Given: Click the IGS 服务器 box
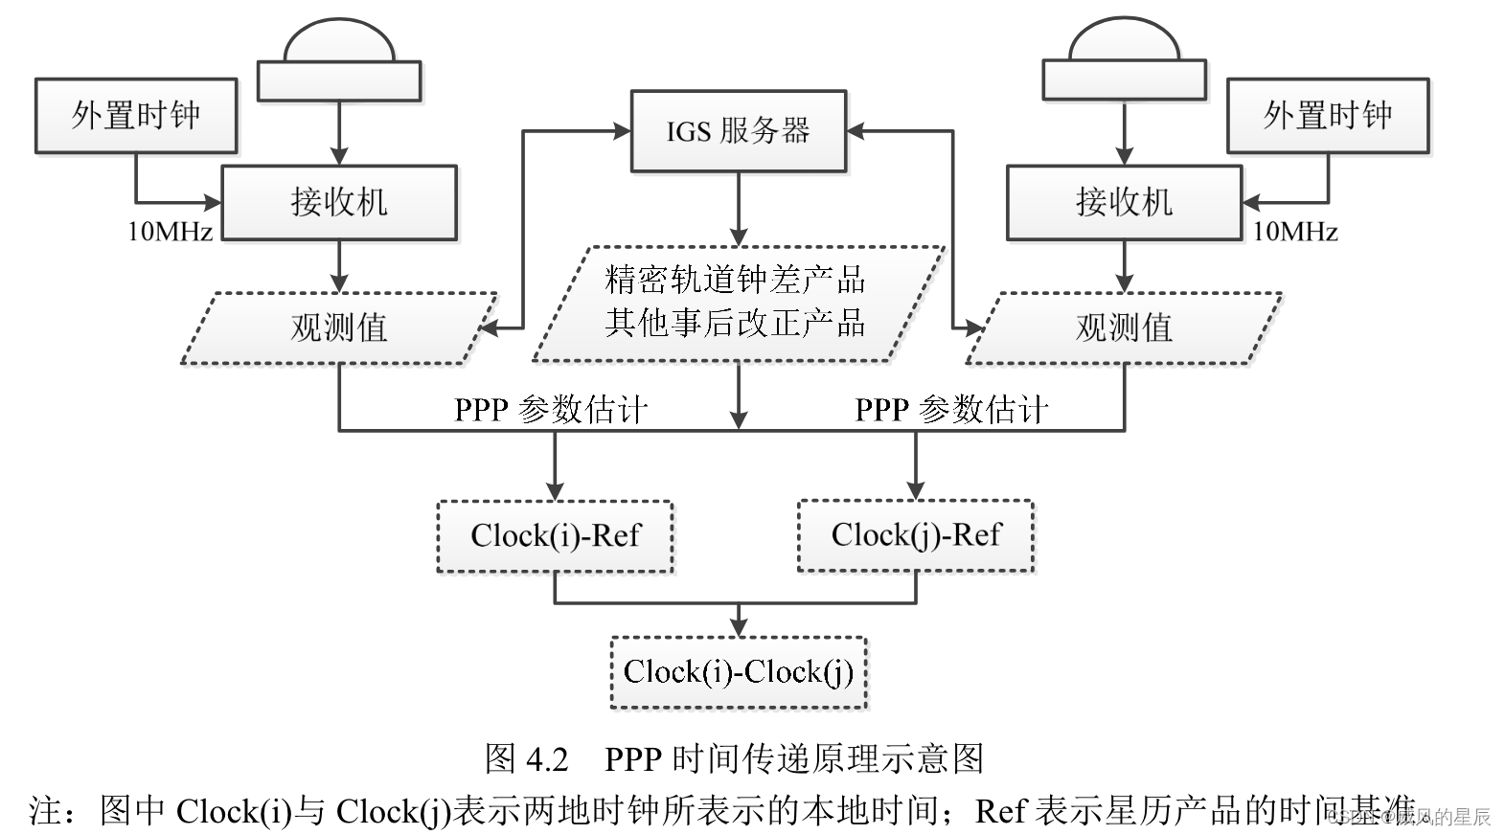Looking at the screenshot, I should (x=738, y=131).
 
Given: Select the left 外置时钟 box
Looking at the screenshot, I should (x=136, y=116).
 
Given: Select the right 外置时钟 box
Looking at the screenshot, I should (x=1328, y=116).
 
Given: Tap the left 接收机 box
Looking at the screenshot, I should (x=339, y=202).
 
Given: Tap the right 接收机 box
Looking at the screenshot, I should (x=1124, y=202).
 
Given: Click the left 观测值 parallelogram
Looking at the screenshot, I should (x=339, y=328).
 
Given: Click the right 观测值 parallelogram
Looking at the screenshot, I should (x=1124, y=328).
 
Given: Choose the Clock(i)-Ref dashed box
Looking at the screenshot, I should (x=555, y=535).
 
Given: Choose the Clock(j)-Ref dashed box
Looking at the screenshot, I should (x=916, y=534).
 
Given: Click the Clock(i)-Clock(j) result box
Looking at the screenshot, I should (x=738, y=672).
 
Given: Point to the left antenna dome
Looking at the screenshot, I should (x=339, y=43).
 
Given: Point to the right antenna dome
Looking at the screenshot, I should (x=1124, y=43).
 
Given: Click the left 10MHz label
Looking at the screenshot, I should (x=171, y=232).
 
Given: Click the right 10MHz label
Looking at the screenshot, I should (x=1295, y=232).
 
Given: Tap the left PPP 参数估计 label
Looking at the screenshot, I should (x=551, y=410).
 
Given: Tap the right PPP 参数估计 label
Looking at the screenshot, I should (x=951, y=410).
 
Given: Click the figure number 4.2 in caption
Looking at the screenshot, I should (x=547, y=759).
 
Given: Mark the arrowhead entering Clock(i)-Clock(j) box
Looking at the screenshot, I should (x=738, y=627).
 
